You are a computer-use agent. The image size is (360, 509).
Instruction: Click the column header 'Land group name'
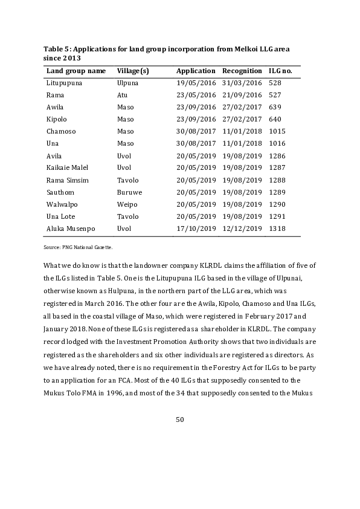(x=76, y=71)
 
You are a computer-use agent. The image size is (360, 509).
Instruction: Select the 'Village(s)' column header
(x=133, y=71)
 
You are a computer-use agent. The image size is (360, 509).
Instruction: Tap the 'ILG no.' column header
(x=280, y=71)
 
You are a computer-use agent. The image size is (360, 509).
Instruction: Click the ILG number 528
(x=275, y=83)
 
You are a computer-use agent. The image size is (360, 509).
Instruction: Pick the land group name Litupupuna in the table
(x=64, y=83)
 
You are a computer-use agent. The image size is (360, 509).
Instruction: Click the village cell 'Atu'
(x=122, y=95)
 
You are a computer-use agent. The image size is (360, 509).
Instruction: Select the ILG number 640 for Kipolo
(x=275, y=119)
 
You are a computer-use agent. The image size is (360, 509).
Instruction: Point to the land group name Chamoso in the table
(x=60, y=131)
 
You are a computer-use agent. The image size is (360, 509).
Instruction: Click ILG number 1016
(x=278, y=143)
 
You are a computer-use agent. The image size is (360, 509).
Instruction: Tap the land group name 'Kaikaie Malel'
(x=68, y=167)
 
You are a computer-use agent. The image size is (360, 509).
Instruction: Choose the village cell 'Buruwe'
(x=129, y=192)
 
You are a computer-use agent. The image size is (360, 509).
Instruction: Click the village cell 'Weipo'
(x=127, y=204)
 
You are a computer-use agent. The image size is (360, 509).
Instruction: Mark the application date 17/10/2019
(x=196, y=229)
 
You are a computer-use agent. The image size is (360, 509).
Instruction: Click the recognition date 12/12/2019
(x=242, y=229)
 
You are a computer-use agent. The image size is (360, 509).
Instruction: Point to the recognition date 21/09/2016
(x=242, y=95)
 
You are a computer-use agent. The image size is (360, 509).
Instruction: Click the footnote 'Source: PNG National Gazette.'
(x=79, y=247)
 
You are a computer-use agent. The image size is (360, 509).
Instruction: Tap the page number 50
(x=179, y=420)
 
